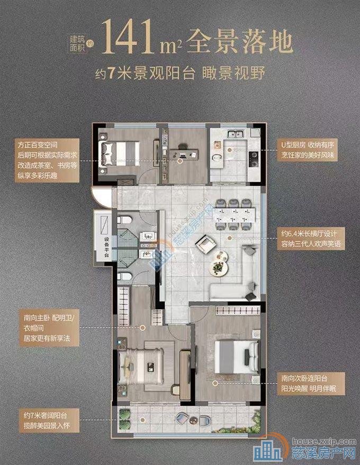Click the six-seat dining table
click(235, 212)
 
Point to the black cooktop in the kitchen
click(253, 155)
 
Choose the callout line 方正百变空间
click(38, 144)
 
